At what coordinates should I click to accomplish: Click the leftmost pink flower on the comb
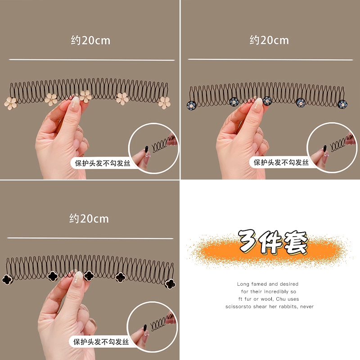point(10,103)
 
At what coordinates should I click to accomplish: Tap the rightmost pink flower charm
point(164,103)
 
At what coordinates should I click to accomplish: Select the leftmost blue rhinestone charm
point(192,106)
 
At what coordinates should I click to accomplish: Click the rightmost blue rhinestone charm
point(342,104)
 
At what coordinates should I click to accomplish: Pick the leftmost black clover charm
point(8,279)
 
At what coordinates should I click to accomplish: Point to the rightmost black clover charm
point(170,284)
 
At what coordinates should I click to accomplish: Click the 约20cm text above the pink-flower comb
point(90,40)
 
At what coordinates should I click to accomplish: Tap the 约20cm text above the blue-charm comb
point(269,40)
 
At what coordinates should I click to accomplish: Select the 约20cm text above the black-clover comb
point(89,219)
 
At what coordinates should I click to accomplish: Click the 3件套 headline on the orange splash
point(273,242)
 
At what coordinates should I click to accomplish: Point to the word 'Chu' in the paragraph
point(281,299)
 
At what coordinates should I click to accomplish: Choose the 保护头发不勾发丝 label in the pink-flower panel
point(103,163)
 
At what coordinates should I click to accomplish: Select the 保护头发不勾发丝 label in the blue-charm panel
point(281,162)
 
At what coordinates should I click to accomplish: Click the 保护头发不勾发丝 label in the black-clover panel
point(101,342)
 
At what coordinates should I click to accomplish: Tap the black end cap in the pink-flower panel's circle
point(147,148)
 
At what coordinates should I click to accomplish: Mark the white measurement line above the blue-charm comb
point(270,59)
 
